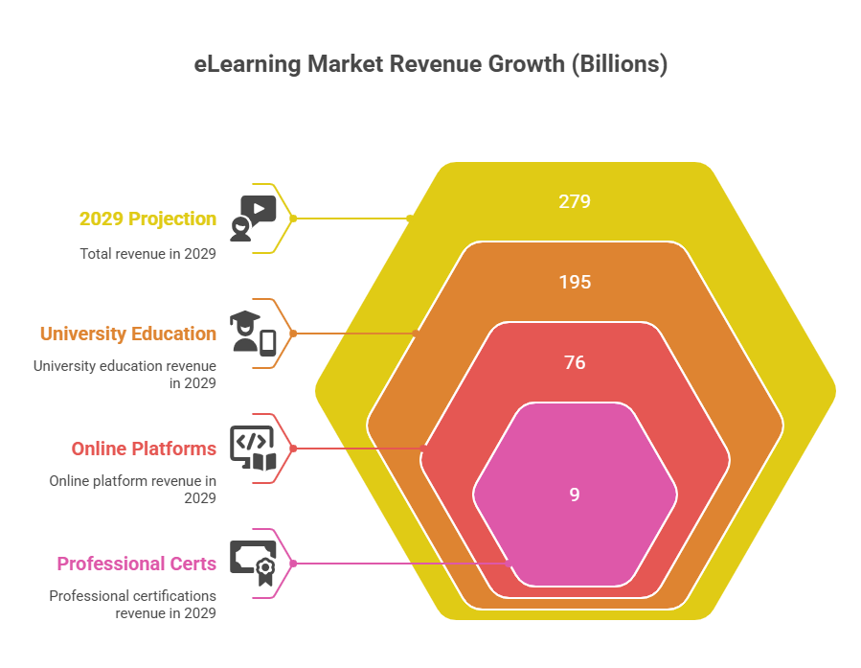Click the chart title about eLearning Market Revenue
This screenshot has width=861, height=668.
tap(430, 65)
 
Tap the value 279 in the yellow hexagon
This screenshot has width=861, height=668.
tap(575, 202)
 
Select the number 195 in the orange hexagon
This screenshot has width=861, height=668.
tap(575, 283)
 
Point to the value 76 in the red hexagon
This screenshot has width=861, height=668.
tap(575, 363)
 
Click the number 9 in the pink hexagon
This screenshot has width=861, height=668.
tap(575, 495)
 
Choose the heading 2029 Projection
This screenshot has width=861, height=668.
tap(147, 219)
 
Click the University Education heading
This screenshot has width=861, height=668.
tap(128, 334)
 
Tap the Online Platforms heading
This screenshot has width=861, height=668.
tap(144, 449)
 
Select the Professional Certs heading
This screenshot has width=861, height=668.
tap(136, 564)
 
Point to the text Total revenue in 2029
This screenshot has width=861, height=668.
tap(147, 254)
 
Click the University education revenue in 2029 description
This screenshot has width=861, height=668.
tap(125, 374)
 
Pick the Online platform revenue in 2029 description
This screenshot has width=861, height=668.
tap(133, 489)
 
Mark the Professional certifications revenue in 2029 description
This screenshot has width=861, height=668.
tap(133, 604)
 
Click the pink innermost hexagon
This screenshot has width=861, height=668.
tap(575, 450)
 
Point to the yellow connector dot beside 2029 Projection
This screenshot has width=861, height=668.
tap(293, 219)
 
